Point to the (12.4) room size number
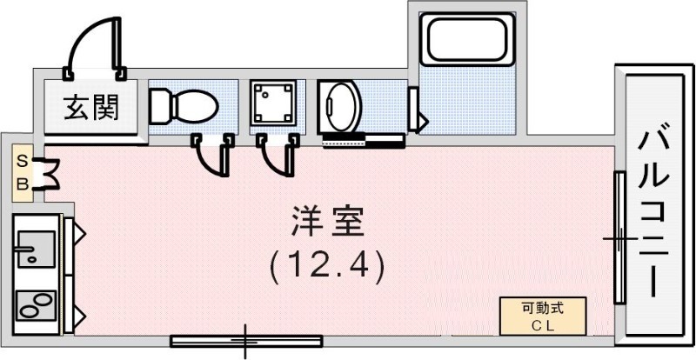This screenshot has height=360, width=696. tap(326, 265)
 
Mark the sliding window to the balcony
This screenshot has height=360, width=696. tap(619, 237)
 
